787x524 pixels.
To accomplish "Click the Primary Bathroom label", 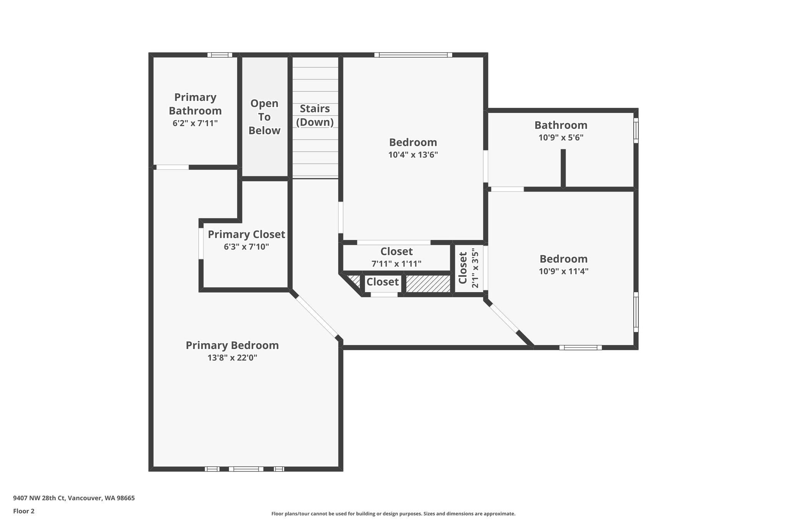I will (195, 104).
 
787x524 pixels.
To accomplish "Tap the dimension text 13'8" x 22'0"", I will (232, 358).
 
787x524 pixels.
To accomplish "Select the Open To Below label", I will (264, 117).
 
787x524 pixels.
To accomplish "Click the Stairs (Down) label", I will (315, 115).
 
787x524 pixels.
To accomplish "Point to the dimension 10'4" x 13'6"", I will (413, 155).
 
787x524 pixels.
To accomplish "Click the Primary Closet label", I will (246, 235).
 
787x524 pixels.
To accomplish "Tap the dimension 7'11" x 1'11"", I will (396, 264).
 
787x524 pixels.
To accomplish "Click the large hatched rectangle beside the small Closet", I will (428, 284).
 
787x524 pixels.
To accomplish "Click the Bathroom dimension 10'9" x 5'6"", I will (561, 138).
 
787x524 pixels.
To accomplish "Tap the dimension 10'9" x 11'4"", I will (563, 271).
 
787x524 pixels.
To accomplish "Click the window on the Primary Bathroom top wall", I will (220, 55).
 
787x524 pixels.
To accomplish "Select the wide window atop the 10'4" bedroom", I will (413, 55).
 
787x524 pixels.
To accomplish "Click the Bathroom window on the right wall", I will (636, 131).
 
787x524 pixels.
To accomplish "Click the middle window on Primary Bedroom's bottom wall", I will (246, 469).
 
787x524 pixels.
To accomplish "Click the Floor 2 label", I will (24, 511).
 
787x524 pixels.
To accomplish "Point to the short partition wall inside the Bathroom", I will (563, 168).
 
